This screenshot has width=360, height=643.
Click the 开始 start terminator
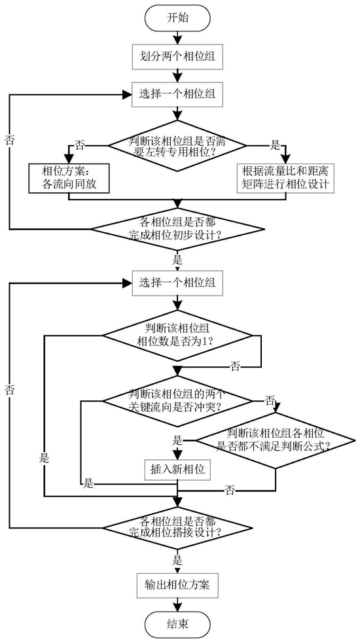[x=177, y=18]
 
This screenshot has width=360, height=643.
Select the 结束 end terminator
[x=177, y=624]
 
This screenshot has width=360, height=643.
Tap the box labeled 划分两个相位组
[x=177, y=58]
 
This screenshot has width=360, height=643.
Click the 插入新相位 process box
[x=178, y=468]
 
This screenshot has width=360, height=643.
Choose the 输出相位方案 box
[x=177, y=584]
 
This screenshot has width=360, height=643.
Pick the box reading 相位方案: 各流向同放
[x=69, y=178]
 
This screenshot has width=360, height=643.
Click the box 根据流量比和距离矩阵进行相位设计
[x=286, y=178]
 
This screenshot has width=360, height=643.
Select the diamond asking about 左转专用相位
[x=177, y=145]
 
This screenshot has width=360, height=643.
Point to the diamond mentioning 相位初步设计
[x=177, y=228]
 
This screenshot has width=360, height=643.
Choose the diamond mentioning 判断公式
[x=276, y=441]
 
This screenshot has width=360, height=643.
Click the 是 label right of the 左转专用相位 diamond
[x=275, y=145]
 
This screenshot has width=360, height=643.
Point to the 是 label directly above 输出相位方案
[x=178, y=560]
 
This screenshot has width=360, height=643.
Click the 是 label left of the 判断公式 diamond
[x=177, y=441]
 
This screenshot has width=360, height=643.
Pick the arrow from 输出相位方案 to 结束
[x=177, y=604]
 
